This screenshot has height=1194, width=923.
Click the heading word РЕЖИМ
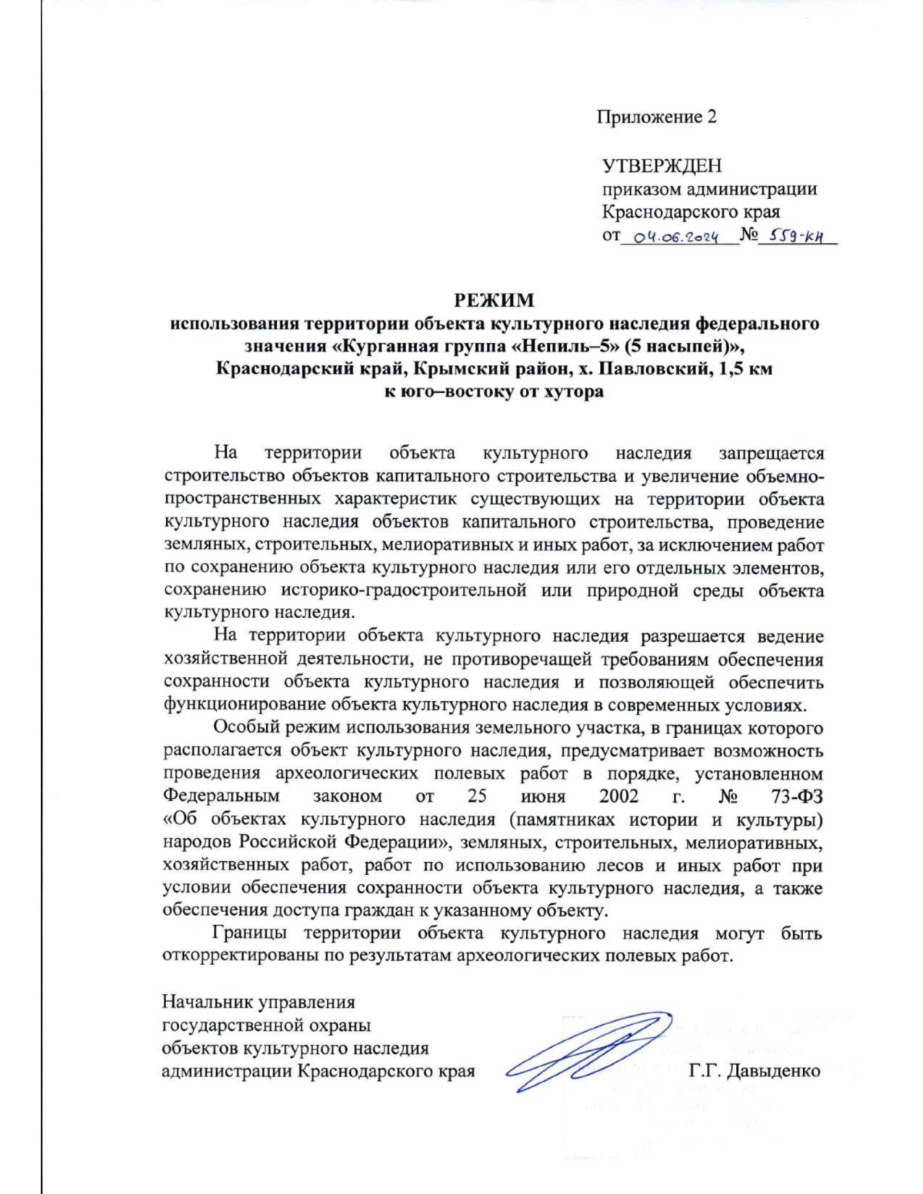(494, 300)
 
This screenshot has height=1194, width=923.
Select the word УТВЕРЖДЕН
(661, 165)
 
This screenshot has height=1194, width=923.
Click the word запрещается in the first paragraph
(771, 454)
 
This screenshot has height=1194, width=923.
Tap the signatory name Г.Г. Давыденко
(755, 1071)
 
